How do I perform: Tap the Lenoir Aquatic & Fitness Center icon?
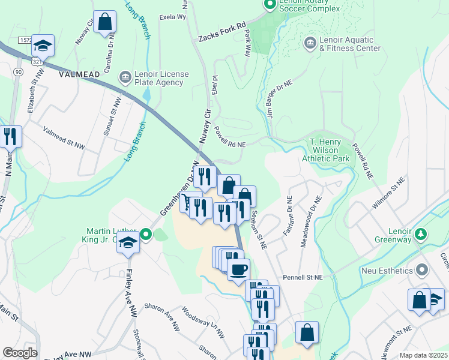310,43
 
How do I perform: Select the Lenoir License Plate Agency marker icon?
125,76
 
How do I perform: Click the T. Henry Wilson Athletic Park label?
329,150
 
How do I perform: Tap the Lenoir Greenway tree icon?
421,233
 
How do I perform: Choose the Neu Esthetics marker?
421,269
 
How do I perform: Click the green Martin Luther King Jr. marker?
146,234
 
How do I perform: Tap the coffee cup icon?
239,269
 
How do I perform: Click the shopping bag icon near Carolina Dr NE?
104,22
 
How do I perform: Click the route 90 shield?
18,72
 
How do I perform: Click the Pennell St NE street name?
303,278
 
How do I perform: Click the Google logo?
20,353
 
